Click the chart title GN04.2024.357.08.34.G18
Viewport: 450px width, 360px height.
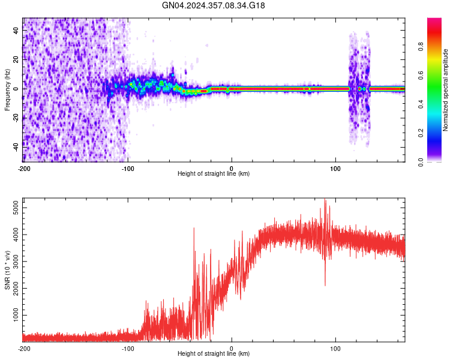click(214, 5)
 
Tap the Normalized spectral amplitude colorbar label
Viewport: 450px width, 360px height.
click(446, 90)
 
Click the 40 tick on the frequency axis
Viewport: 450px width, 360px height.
click(16, 31)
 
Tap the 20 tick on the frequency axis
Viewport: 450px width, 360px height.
click(16, 60)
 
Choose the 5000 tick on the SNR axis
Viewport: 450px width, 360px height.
click(14, 208)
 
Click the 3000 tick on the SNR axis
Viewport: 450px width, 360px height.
click(14, 262)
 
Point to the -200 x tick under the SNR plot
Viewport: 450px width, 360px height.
click(23, 348)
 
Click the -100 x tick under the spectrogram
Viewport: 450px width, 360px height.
click(127, 169)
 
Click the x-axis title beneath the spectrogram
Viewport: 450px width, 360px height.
click(214, 174)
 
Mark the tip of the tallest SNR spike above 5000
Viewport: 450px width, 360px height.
click(325, 200)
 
